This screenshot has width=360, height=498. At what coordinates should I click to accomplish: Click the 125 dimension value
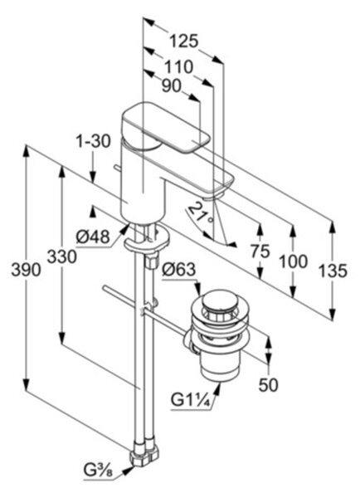coord(183,41)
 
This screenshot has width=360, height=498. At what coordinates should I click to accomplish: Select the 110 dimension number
coord(178,67)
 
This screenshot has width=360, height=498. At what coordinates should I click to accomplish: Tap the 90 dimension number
coord(172,85)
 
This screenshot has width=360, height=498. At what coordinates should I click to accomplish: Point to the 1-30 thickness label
coord(93,141)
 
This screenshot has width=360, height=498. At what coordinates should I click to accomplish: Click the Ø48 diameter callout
coord(93,237)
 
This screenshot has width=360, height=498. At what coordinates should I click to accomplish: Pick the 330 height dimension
coord(61,256)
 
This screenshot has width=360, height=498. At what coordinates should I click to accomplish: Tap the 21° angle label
coord(202,212)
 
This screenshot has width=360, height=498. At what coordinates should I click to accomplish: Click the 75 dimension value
coord(260,251)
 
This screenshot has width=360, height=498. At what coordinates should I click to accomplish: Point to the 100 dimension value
coord(293,261)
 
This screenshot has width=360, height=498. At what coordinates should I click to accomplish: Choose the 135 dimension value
coord(333,271)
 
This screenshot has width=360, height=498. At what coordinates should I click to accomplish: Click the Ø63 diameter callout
coord(178,270)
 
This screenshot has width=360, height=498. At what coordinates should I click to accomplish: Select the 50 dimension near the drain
coord(268,385)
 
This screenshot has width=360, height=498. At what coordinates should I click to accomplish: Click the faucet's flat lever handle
coord(166,127)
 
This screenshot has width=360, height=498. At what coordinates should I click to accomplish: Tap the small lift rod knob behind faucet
coord(118,168)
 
